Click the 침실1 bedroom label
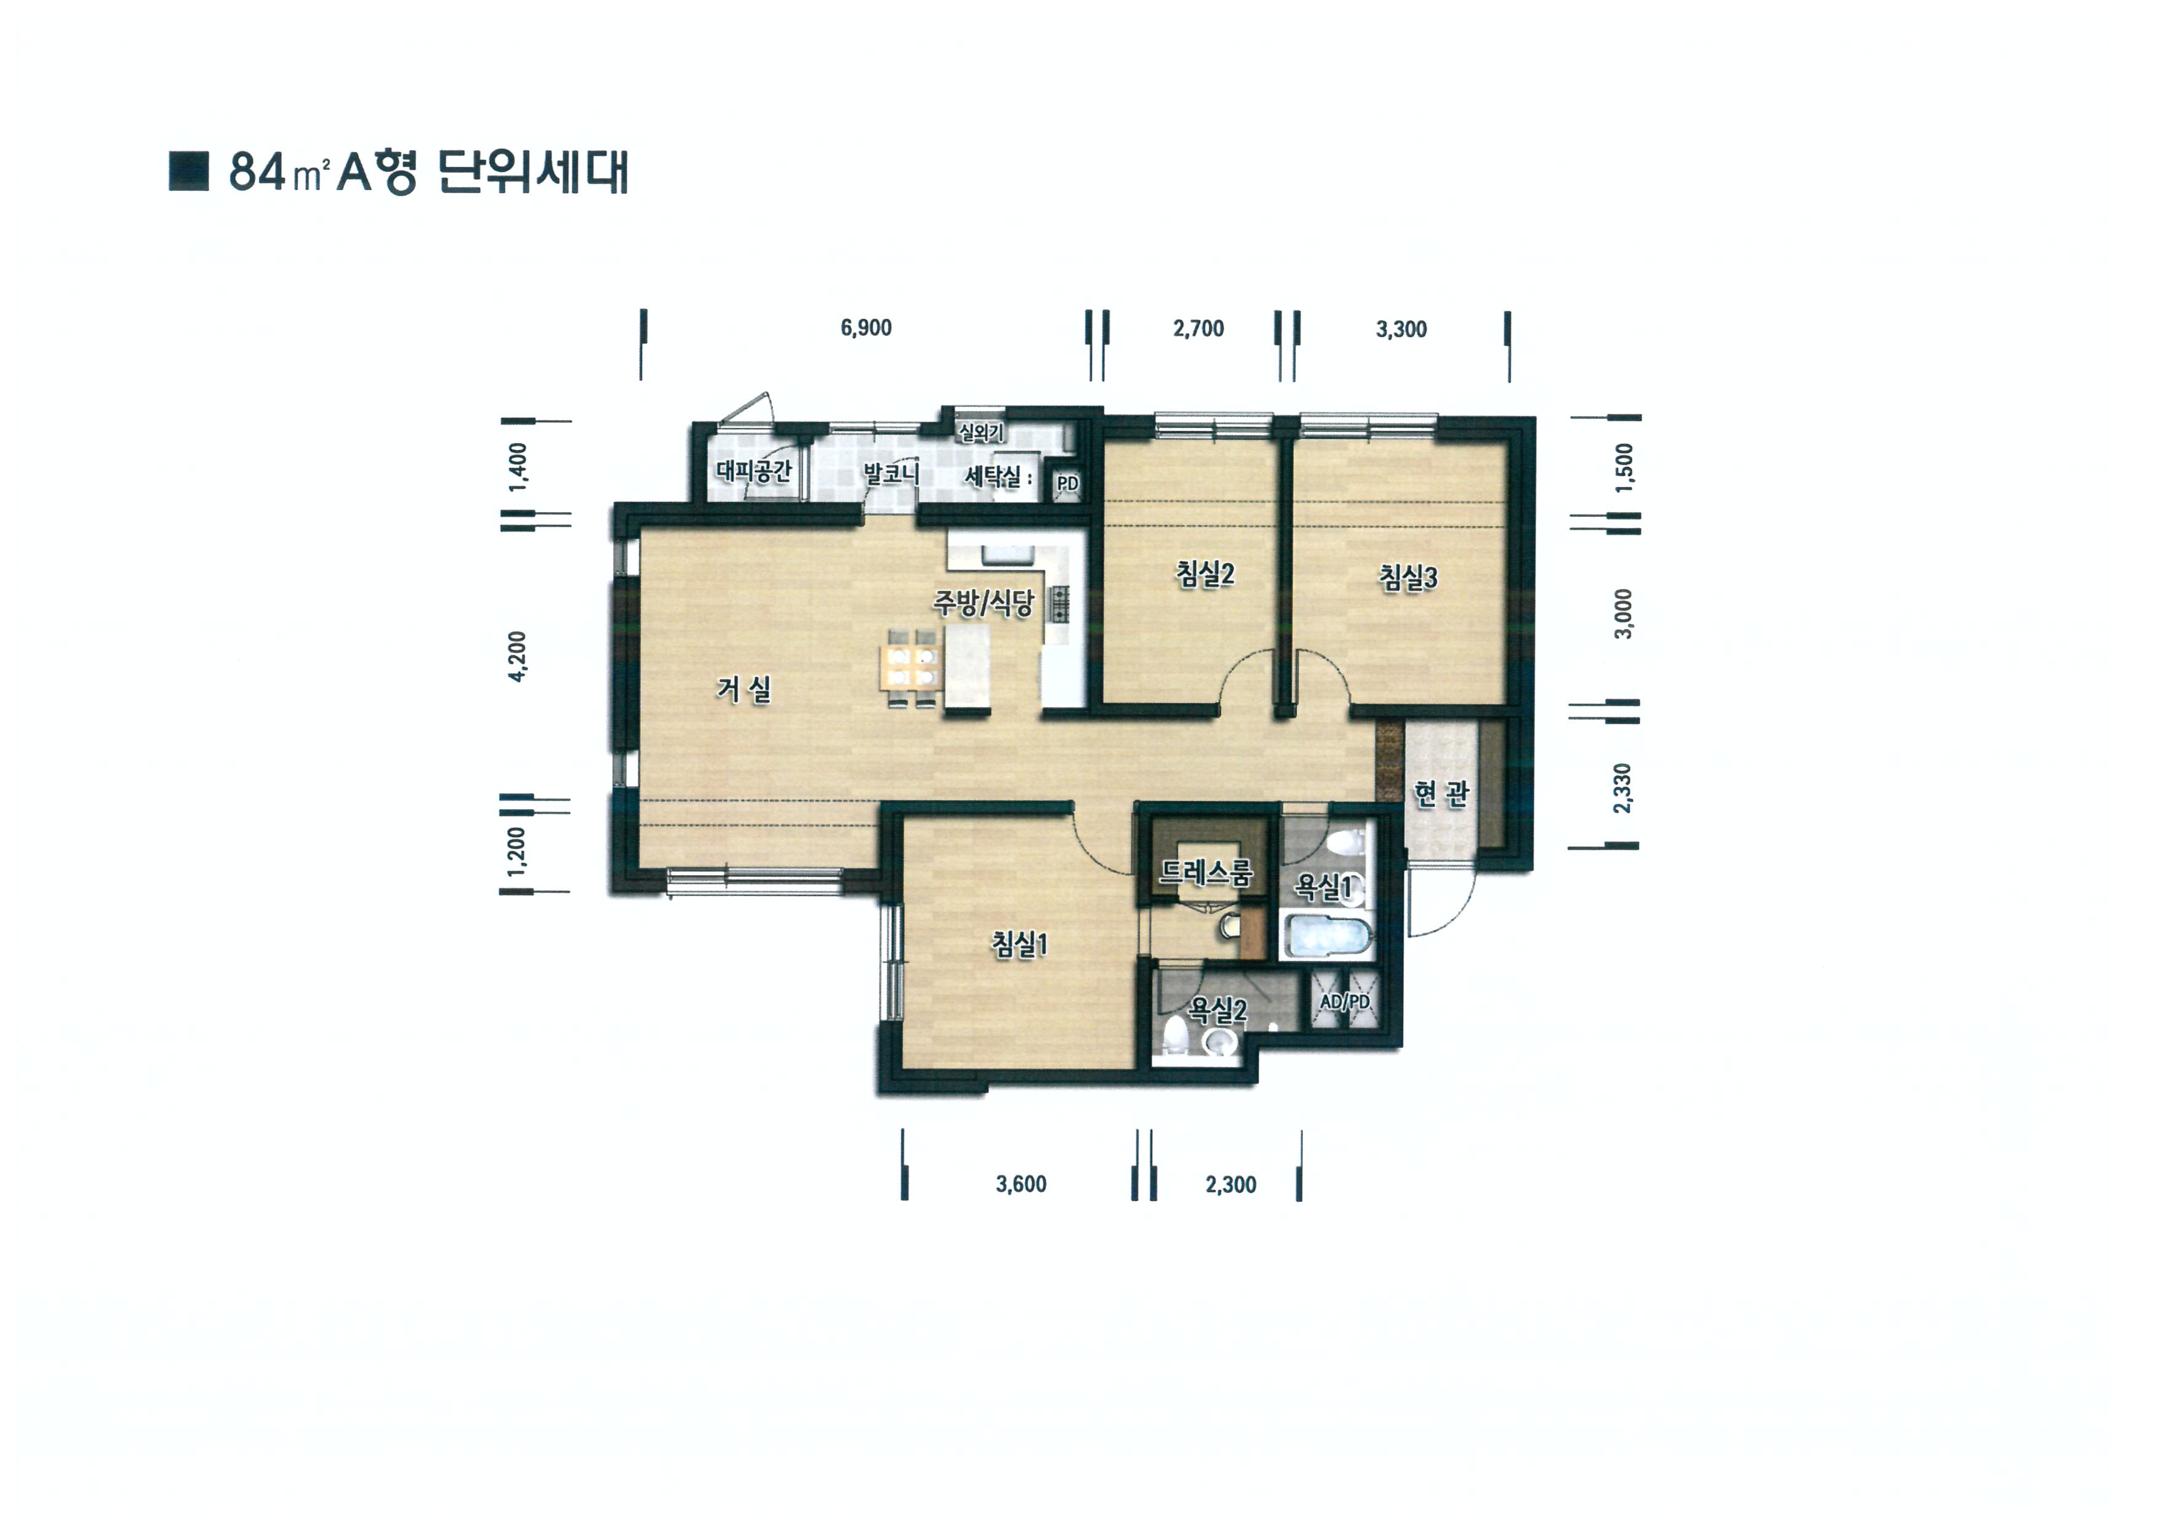pyautogui.click(x=1019, y=943)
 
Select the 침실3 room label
pyautogui.click(x=1408, y=577)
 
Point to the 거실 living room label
pyautogui.click(x=744, y=689)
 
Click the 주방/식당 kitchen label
pyautogui.click(x=983, y=602)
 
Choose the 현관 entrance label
pyautogui.click(x=1441, y=794)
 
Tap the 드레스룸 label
pyautogui.click(x=1206, y=873)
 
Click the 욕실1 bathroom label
pyautogui.click(x=1323, y=885)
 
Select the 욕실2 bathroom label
pyautogui.click(x=1218, y=1010)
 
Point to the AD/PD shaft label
pyautogui.click(x=1345, y=1001)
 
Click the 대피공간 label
pyautogui.click(x=754, y=470)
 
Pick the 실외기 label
pyautogui.click(x=981, y=433)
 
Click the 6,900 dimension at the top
pyautogui.click(x=866, y=328)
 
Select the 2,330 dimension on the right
pyautogui.click(x=1622, y=788)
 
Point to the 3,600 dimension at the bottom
pyautogui.click(x=1021, y=1184)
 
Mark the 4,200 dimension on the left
pyautogui.click(x=516, y=657)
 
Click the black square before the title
pyautogui.click(x=188, y=171)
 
